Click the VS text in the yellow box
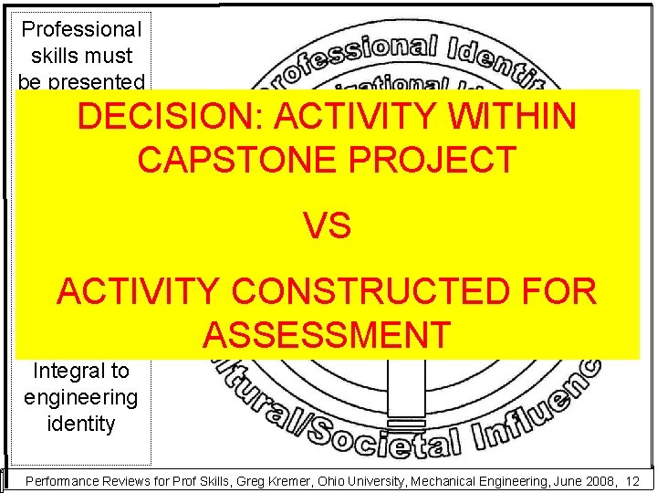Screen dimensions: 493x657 (x=328, y=226)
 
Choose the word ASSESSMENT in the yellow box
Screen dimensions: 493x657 (x=327, y=334)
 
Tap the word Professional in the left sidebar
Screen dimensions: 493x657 (x=80, y=29)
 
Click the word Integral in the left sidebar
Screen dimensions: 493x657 (x=80, y=372)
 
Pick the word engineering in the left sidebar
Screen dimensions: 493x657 (x=80, y=397)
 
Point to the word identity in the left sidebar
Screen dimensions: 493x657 (x=80, y=424)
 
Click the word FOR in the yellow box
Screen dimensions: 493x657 (x=556, y=292)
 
